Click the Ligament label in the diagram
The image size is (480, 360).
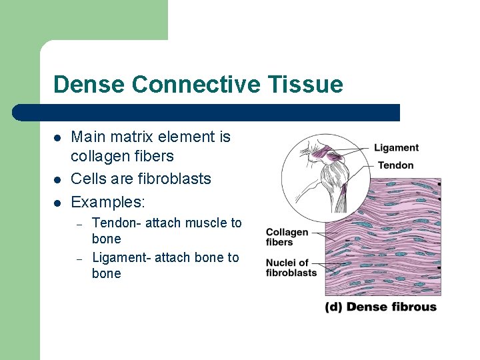(396, 147)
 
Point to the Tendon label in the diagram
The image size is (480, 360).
(395, 165)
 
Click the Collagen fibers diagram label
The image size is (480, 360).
(287, 237)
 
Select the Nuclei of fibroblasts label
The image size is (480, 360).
(291, 267)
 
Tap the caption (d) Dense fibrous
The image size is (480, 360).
(381, 307)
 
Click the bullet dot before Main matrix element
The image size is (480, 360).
(58, 139)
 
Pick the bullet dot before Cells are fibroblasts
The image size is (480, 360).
(58, 179)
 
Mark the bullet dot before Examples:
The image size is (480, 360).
(58, 201)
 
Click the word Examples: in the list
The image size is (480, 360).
(107, 201)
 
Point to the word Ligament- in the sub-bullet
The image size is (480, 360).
(121, 257)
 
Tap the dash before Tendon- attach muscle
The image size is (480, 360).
(78, 224)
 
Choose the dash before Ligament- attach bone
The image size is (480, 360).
(78, 259)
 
